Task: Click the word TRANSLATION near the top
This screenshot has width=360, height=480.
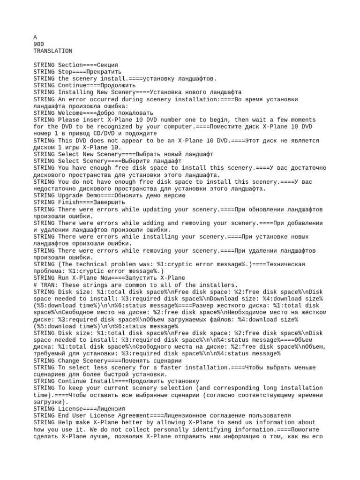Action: (x=53, y=51)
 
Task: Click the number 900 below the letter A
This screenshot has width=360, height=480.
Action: (x=39, y=44)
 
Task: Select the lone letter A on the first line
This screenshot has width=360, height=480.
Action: (x=35, y=37)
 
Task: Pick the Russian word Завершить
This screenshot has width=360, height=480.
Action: (x=111, y=202)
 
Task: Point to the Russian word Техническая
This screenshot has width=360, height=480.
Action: (x=285, y=264)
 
